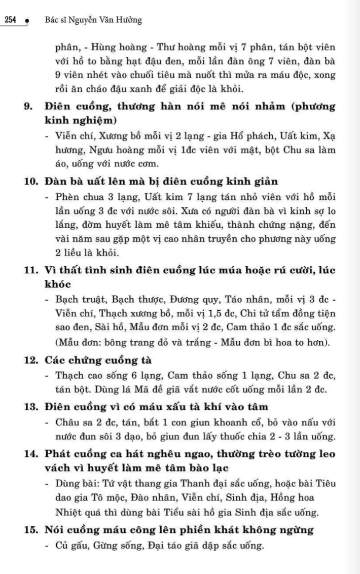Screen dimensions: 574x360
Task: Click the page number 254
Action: [10, 20]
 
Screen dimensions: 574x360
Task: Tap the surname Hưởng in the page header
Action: [130, 20]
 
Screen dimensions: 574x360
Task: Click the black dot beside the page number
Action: [27, 22]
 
